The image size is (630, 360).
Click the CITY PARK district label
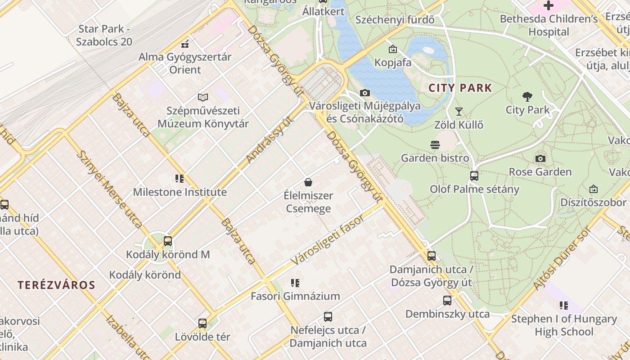click(460, 88)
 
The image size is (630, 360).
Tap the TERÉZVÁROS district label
click(57, 285)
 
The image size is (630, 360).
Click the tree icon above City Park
click(527, 97)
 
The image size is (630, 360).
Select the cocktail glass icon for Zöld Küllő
click(459, 112)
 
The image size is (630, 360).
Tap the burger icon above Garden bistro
click(435, 145)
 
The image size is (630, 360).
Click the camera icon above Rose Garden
click(540, 158)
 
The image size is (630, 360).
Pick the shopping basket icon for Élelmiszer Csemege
click(308, 182)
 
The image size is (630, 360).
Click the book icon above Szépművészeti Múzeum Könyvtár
click(203, 97)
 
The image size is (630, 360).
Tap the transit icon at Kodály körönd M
click(168, 241)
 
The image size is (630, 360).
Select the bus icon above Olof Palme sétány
click(474, 176)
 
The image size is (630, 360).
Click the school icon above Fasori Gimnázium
click(295, 283)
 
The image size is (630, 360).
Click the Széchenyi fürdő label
click(395, 20)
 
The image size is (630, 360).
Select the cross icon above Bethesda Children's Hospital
click(548, 6)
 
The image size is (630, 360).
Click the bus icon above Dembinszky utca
click(447, 301)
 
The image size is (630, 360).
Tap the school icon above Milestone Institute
click(180, 179)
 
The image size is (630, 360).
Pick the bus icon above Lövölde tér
click(202, 324)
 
